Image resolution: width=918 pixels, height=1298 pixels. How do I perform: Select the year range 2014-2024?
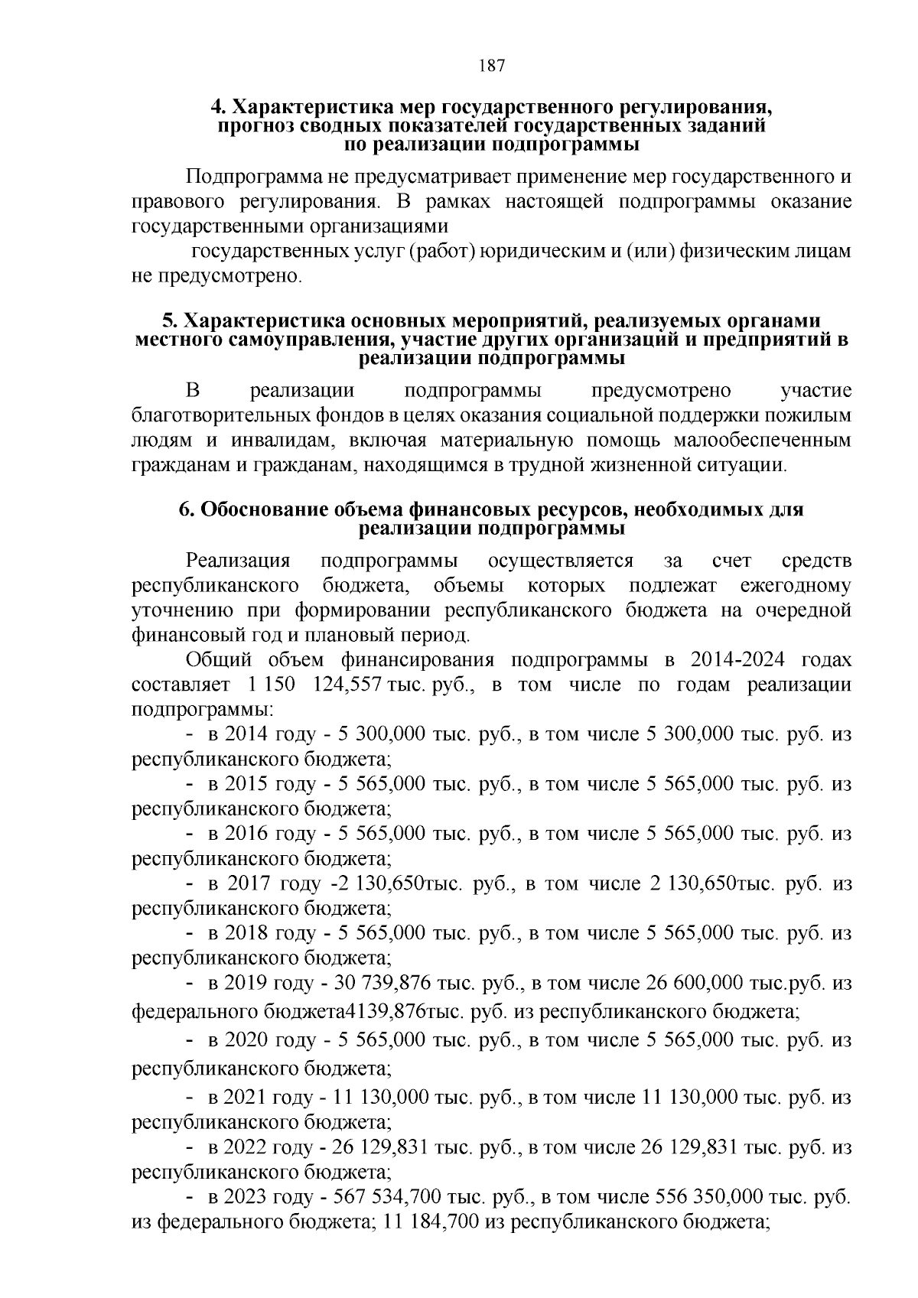(737, 660)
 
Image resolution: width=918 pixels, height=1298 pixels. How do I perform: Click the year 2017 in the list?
(248, 883)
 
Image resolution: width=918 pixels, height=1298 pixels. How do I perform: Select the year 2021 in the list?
(246, 1098)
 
